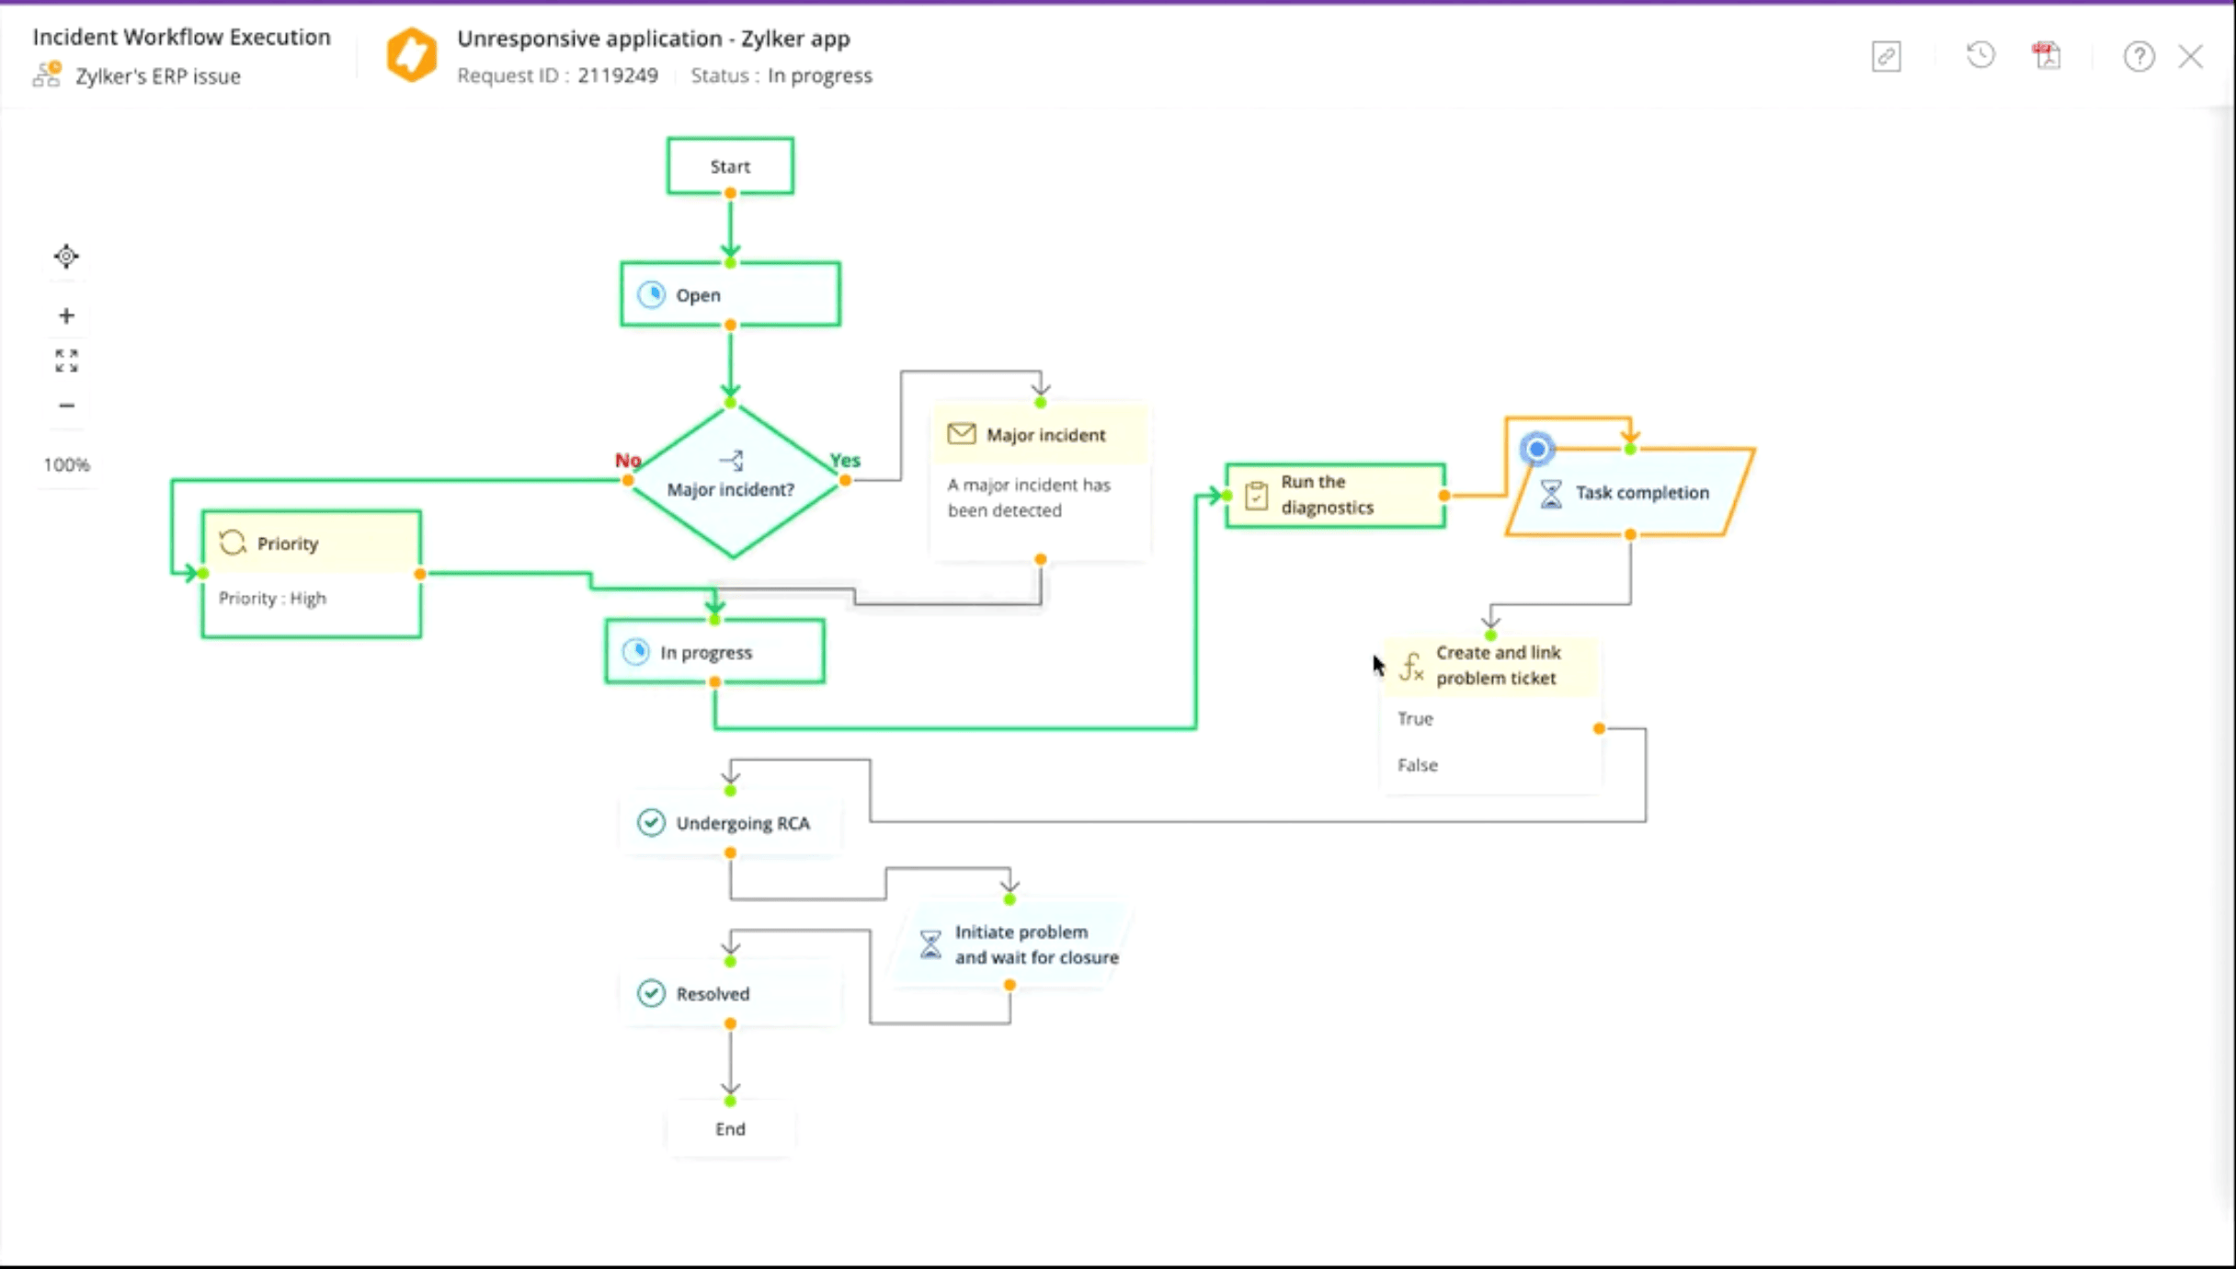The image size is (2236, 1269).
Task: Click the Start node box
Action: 730,166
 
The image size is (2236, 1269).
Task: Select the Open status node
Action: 730,295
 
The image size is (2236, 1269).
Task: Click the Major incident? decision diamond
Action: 732,488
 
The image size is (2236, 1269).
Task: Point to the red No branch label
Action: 628,460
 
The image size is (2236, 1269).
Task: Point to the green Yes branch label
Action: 845,460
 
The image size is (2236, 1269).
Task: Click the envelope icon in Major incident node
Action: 961,434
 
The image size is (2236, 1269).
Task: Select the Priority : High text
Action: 272,599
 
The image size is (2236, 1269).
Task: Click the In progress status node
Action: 714,652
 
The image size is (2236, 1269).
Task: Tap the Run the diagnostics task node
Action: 1335,495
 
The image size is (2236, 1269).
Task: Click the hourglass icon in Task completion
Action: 1551,493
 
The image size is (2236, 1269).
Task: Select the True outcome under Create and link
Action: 1415,719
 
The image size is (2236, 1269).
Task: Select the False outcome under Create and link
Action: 1417,765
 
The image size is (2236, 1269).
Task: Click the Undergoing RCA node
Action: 730,823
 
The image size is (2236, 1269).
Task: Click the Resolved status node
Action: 730,994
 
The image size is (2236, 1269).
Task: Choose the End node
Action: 730,1129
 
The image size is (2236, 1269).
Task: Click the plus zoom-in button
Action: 66,316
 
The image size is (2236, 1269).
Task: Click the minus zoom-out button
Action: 66,406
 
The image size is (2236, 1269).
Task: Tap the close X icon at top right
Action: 2191,57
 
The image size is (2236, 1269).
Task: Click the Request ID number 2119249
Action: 618,75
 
